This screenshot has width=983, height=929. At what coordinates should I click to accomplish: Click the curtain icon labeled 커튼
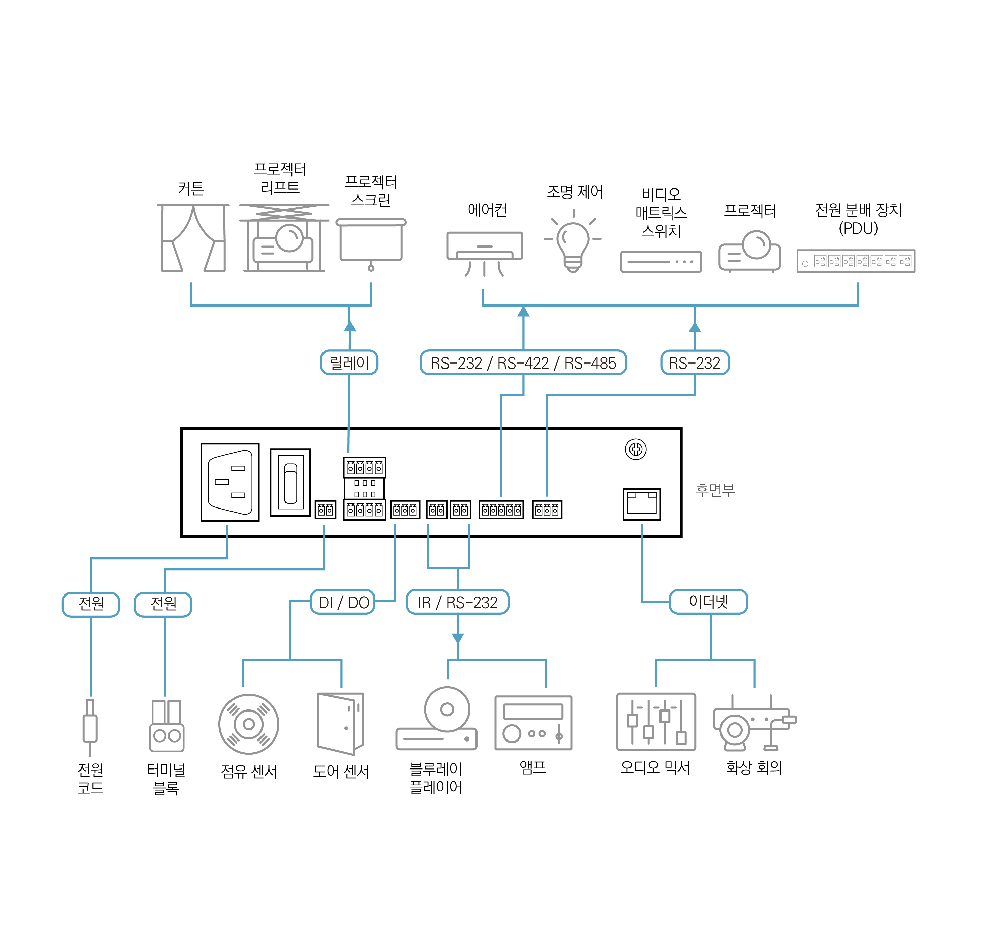pos(193,238)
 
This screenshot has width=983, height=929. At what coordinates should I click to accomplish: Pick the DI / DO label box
pos(343,602)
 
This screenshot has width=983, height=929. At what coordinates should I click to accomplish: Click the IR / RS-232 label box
pos(457,602)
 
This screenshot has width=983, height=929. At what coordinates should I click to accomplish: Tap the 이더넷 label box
pos(708,602)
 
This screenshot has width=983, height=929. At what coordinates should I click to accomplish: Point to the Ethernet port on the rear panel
pos(642,504)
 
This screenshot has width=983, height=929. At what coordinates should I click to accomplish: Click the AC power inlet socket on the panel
pos(230,482)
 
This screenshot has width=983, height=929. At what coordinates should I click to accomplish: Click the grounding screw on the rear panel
pos(636,449)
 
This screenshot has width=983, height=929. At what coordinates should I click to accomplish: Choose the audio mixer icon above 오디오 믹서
pos(656,722)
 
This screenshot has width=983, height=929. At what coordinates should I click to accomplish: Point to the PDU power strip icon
pos(856,261)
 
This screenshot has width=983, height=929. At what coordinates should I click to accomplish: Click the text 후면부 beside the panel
pos(715,490)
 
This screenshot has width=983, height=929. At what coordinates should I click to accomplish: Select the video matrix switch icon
pos(661,261)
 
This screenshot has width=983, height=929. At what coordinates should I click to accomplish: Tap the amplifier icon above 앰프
pos(533,723)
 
